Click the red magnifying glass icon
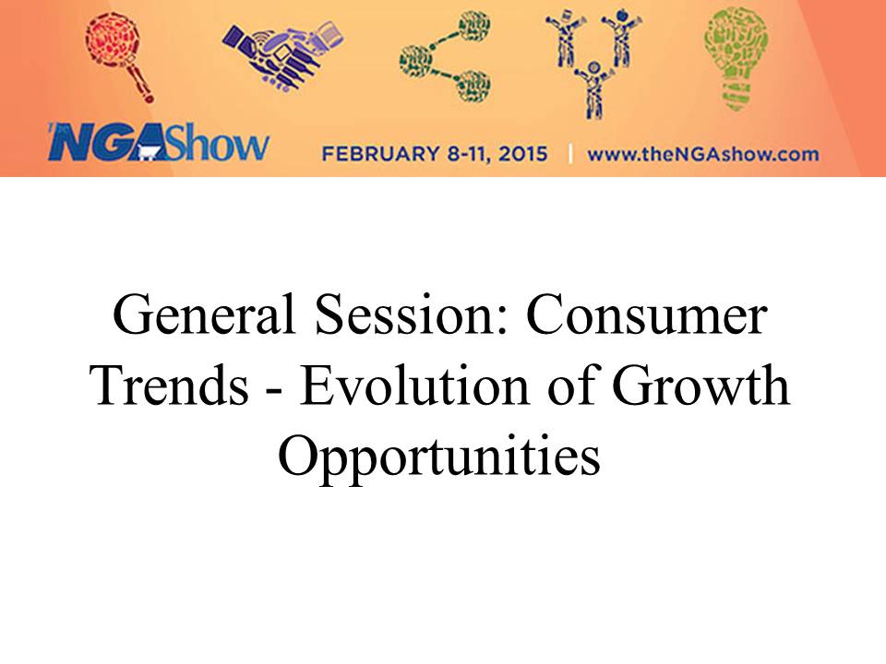click(120, 56)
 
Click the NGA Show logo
click(158, 141)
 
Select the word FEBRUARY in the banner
click(380, 154)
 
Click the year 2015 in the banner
click(523, 154)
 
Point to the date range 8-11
click(469, 154)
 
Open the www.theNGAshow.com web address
click(703, 154)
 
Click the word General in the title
click(204, 315)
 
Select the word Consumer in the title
click(647, 315)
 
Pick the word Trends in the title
click(170, 385)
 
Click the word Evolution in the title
click(414, 385)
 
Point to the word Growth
click(700, 385)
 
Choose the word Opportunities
click(439, 456)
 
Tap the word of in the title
click(570, 385)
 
